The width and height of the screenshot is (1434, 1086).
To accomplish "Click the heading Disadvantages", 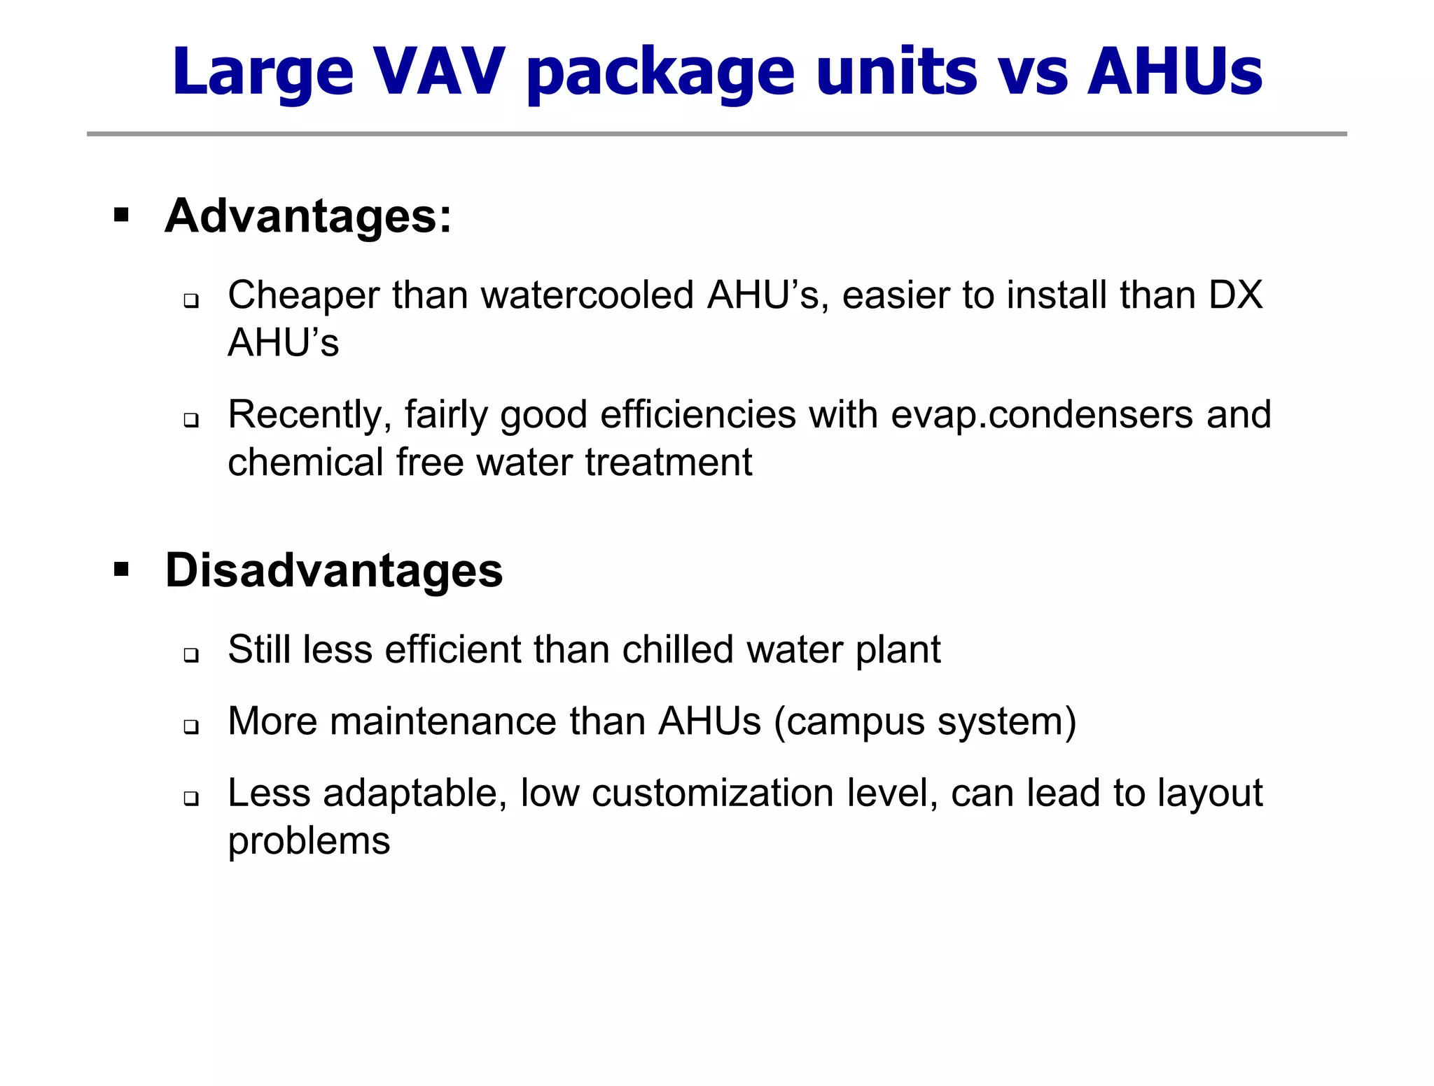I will click(333, 570).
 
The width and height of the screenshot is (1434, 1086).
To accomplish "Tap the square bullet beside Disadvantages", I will click(121, 569).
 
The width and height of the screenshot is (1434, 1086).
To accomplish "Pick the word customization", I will click(712, 794).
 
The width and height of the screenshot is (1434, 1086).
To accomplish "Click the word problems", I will click(309, 841).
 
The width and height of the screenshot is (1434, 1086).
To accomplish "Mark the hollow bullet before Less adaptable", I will click(191, 798).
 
